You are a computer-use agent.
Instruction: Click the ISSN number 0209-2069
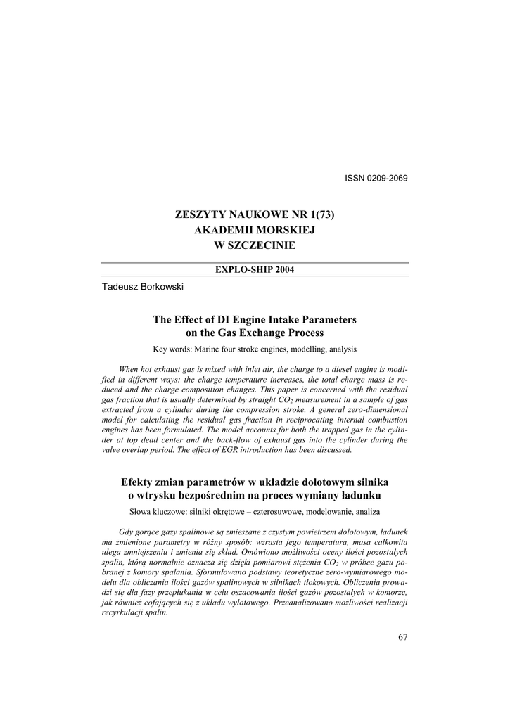click(386, 178)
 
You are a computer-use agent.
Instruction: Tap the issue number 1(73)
click(317, 214)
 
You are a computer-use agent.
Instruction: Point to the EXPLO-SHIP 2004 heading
click(255, 270)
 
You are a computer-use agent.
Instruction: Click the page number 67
click(402, 637)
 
